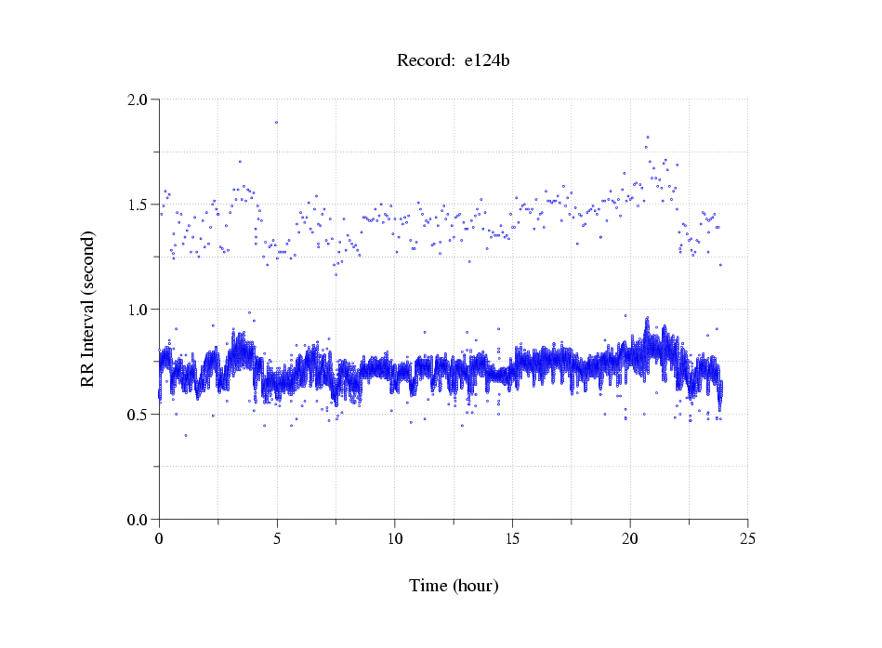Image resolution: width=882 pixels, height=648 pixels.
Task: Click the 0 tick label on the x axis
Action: coord(159,538)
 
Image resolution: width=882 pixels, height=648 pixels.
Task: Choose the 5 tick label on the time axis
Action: coord(277,538)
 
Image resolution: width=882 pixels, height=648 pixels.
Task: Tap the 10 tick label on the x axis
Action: coord(395,538)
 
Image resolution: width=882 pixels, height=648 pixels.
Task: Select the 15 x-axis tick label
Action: coord(512,538)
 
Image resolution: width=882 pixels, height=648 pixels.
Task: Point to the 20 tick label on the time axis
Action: coord(630,538)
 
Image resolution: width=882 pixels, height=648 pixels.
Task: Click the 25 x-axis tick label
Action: coord(748,538)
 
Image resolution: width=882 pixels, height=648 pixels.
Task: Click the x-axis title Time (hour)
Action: coord(454,586)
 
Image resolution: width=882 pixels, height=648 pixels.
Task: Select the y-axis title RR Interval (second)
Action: coord(87,309)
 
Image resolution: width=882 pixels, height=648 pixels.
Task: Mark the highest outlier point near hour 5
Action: coord(276,122)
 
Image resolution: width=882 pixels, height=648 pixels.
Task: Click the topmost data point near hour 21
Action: coord(647,137)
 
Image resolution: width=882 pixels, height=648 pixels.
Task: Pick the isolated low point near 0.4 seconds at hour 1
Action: coord(186,435)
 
